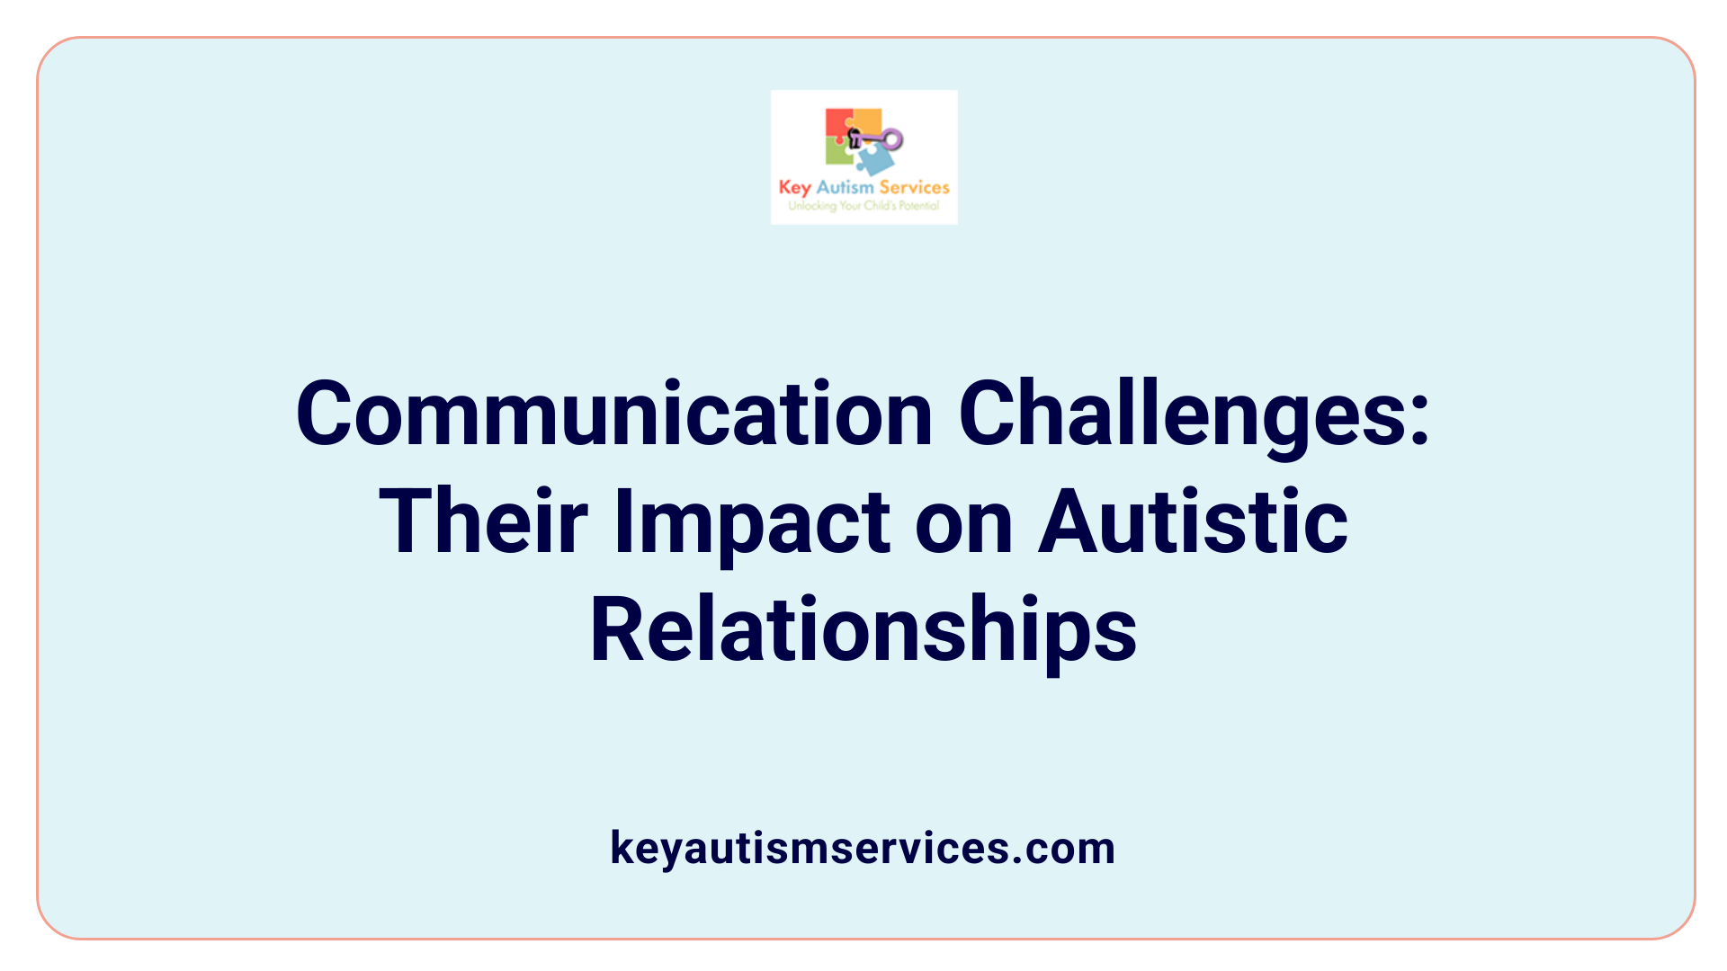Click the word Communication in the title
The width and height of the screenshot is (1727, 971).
pyautogui.click(x=614, y=414)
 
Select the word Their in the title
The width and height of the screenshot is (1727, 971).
pyautogui.click(x=483, y=522)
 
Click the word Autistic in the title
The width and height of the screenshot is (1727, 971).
pyautogui.click(x=1193, y=522)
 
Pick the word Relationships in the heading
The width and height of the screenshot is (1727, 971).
pyautogui.click(x=863, y=630)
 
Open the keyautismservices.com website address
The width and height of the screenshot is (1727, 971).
pyautogui.click(x=863, y=848)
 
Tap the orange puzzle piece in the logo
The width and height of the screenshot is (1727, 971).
pyautogui.click(x=867, y=120)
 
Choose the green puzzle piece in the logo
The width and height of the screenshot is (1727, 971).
pyautogui.click(x=838, y=154)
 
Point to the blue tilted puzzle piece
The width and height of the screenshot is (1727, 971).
pyautogui.click(x=874, y=160)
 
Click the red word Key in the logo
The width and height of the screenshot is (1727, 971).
pyautogui.click(x=794, y=188)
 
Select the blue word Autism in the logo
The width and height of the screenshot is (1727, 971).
pyautogui.click(x=845, y=187)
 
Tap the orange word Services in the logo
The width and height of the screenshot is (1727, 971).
pyautogui.click(x=914, y=187)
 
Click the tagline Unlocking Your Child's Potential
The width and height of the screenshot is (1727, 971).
pyautogui.click(x=863, y=206)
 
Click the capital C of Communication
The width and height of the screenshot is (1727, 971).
pyautogui.click(x=324, y=414)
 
